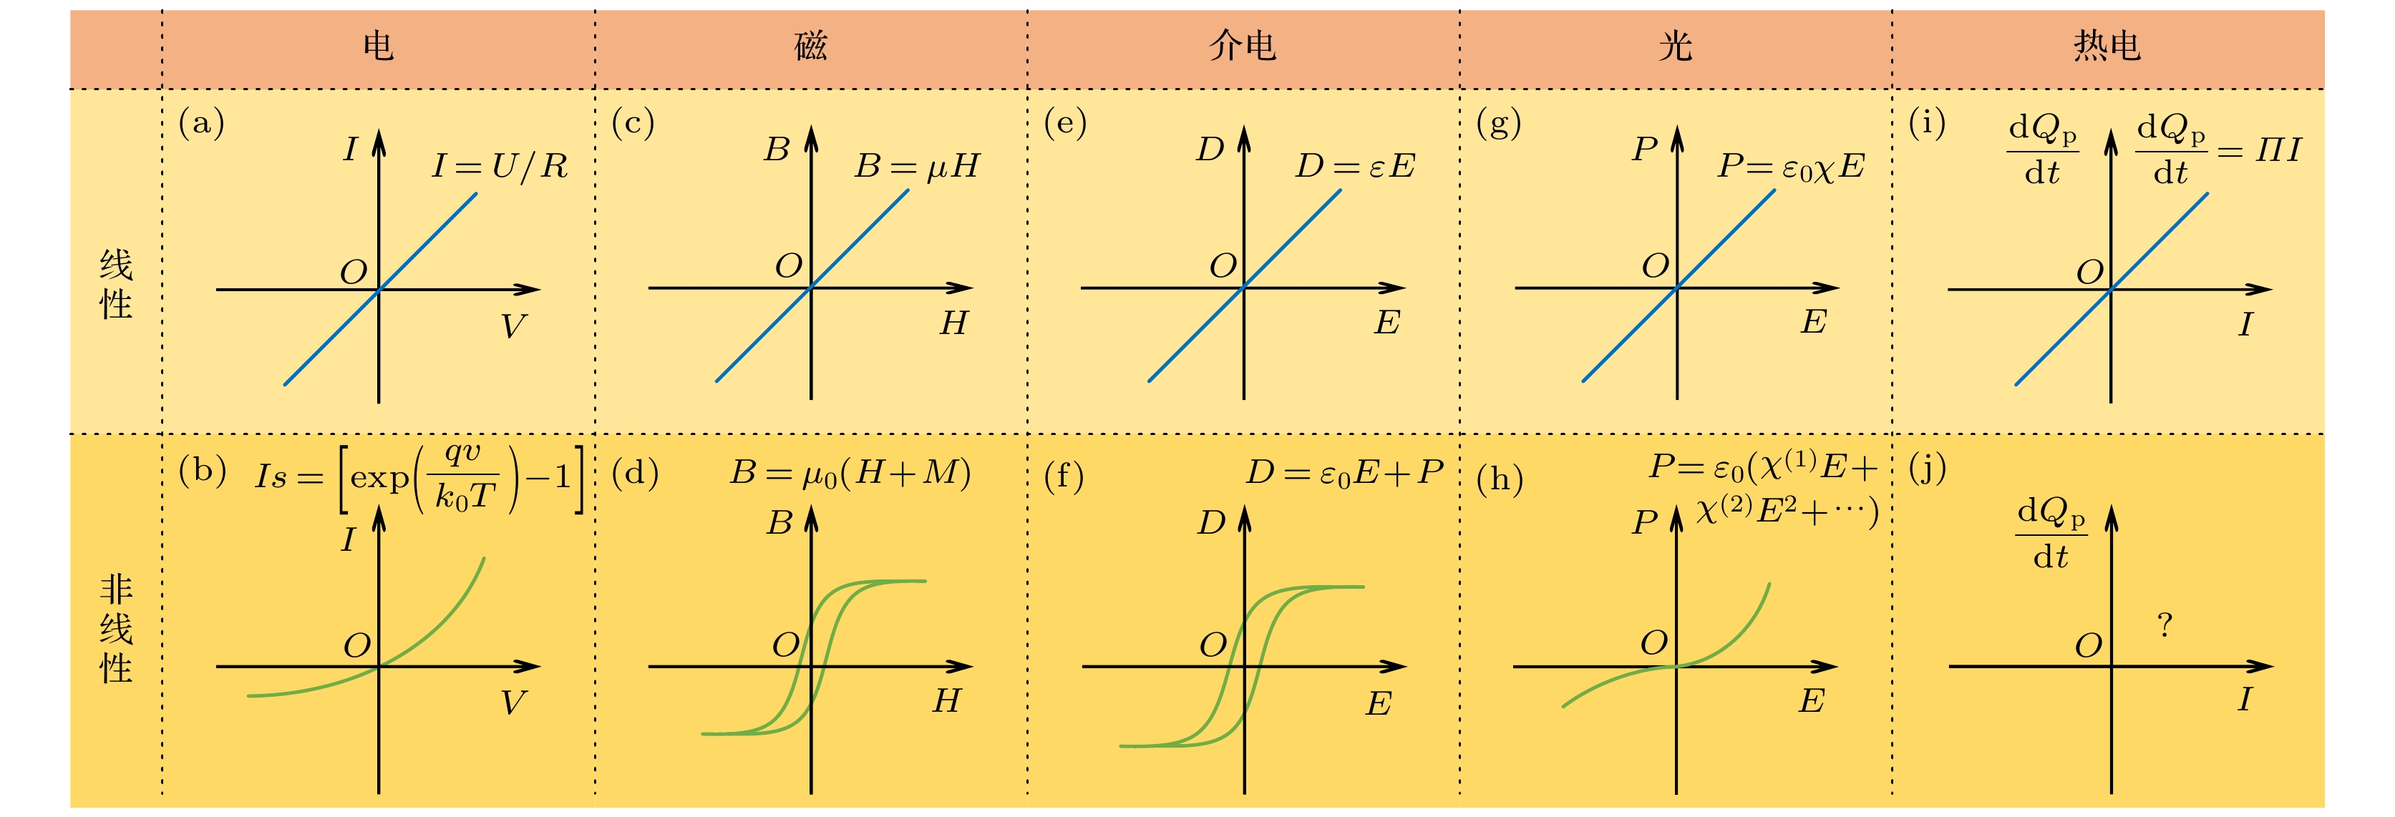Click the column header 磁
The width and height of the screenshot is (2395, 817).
click(x=811, y=46)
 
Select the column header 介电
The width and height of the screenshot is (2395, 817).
click(x=1243, y=46)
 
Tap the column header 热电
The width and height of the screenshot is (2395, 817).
click(x=2108, y=46)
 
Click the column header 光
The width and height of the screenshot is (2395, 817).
click(x=1676, y=46)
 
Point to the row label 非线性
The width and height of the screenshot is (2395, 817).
click(x=116, y=628)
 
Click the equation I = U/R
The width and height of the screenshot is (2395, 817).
click(x=500, y=165)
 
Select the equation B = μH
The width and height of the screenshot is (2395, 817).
click(x=917, y=165)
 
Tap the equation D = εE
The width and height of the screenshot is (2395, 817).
click(x=1356, y=165)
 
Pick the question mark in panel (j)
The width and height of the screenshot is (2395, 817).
click(x=2165, y=625)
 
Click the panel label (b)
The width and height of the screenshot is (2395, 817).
click(x=203, y=471)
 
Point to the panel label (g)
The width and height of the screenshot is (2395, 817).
click(x=1499, y=122)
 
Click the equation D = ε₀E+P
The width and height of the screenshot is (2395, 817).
click(x=1344, y=473)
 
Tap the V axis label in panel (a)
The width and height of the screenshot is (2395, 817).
click(x=512, y=326)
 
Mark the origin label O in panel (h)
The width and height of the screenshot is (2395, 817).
click(x=1654, y=642)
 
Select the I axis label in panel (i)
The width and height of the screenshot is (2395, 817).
click(x=2245, y=324)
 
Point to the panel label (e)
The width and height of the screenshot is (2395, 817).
click(x=1066, y=122)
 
